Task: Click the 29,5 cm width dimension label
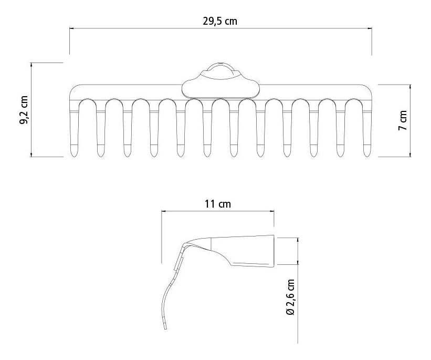220,21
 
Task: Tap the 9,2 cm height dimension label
24,110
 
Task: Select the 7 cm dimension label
403,120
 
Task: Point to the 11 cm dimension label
218,204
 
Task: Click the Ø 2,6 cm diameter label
290,297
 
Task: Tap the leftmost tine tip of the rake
74,157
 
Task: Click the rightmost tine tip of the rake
367,157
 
